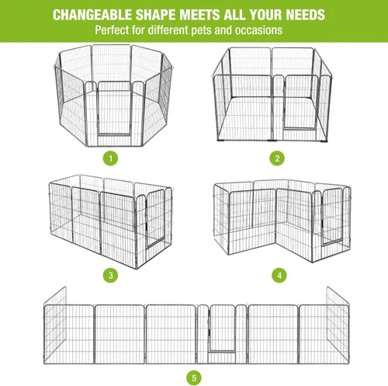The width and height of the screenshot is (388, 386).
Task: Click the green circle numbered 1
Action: click(110, 158)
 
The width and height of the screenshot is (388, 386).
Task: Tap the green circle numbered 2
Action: click(277, 158)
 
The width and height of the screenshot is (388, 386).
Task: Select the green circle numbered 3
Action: click(110, 275)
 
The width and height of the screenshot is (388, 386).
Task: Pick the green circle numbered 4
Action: click(279, 275)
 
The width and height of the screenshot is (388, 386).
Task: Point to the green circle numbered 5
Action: click(194, 377)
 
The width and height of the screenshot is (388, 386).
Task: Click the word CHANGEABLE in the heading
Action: click(92, 15)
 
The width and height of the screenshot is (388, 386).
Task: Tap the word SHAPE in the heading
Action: click(156, 15)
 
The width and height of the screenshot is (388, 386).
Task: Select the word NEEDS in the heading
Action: click(305, 15)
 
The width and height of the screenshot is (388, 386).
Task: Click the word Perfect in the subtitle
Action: click(112, 30)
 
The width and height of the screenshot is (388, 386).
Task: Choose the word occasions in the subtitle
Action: click(258, 30)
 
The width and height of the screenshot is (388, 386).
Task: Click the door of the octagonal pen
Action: click(114, 108)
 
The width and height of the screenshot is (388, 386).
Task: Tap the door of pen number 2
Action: click(300, 102)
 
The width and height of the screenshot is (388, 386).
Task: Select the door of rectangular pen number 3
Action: click(155, 219)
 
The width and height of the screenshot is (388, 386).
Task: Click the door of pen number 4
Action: click(333, 217)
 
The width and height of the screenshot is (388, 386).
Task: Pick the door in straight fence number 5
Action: click(222, 328)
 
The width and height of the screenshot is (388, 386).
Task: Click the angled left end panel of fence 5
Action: click(55, 325)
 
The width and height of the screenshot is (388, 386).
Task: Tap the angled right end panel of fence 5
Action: click(338, 325)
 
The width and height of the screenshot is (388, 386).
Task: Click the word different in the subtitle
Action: click(168, 30)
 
